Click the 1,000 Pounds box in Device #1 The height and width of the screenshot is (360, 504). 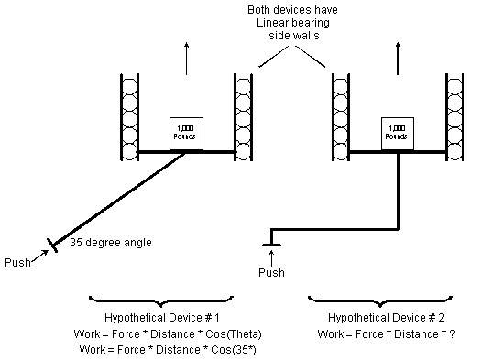tap(186, 134)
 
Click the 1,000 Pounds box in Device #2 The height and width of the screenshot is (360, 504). tap(398, 134)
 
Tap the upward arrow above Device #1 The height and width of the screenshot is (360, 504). tap(186, 59)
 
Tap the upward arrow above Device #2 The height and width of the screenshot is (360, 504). tap(398, 59)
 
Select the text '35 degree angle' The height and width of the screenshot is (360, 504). tap(111, 243)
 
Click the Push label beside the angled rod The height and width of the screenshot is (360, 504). tap(18, 263)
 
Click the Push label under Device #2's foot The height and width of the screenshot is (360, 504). tap(271, 273)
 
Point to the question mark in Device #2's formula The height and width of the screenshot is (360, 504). tap(453, 334)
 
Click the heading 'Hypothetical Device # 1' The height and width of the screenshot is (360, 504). tap(162, 318)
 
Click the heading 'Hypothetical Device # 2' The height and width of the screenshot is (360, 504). tap(386, 318)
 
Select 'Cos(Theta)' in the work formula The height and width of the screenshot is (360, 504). tap(234, 334)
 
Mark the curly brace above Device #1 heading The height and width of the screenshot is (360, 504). tap(161, 300)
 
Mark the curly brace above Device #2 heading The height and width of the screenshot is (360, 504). tap(380, 300)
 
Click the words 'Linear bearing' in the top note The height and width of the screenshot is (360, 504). tap(293, 23)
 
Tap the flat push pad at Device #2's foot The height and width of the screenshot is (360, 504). tap(271, 245)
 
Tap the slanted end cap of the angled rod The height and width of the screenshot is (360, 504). tap(52, 245)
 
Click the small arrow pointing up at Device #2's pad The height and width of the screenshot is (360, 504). tap(272, 258)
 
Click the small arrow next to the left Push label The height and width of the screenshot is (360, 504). tap(40, 256)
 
